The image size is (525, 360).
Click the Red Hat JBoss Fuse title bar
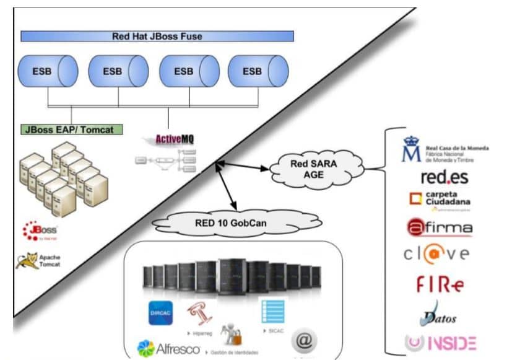(x=157, y=36)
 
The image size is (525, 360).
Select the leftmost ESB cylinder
(x=47, y=71)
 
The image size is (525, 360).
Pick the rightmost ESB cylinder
(x=256, y=71)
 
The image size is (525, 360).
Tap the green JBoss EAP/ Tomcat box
(x=71, y=130)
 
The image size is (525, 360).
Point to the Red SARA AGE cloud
(x=313, y=168)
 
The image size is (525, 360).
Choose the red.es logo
(x=444, y=177)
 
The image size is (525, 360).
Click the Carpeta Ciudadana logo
(x=440, y=200)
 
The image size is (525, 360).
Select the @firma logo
(x=440, y=227)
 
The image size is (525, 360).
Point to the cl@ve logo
(x=437, y=254)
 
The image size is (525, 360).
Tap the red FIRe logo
(x=440, y=284)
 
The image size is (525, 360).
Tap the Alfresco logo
(x=168, y=348)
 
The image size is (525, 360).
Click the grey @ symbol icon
(x=304, y=340)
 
